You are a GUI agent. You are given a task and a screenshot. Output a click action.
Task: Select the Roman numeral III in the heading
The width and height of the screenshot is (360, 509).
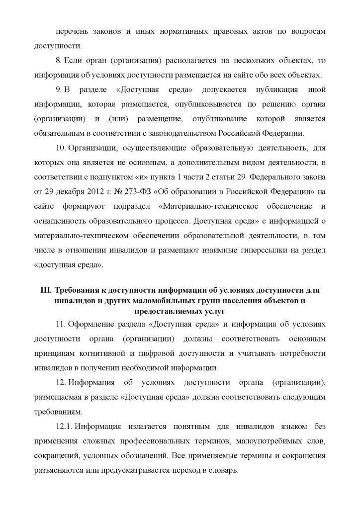[x=44, y=291]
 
